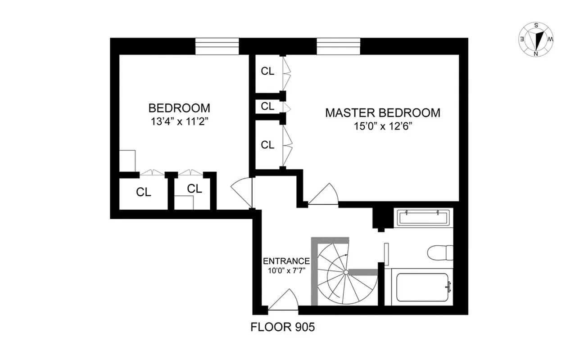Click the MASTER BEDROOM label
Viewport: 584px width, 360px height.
[x=383, y=112]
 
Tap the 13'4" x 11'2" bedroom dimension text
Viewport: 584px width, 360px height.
[x=179, y=121]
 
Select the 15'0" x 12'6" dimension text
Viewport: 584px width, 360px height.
[x=383, y=126]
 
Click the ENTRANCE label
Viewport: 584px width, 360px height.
[x=286, y=261]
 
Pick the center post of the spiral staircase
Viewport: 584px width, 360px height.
[x=345, y=273]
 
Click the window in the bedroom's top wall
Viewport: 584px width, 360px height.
[x=217, y=46]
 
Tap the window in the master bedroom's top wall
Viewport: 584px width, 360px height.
[x=338, y=46]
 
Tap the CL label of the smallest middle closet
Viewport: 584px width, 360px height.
[x=267, y=107]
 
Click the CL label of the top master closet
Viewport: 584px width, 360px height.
[x=267, y=71]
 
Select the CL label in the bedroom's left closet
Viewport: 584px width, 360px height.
[x=144, y=192]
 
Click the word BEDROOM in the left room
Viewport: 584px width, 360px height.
[x=179, y=108]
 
